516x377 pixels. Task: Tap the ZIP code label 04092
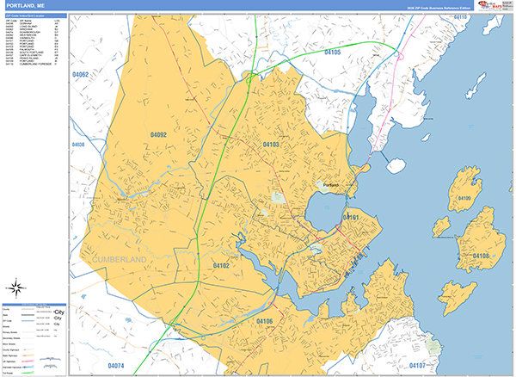157,135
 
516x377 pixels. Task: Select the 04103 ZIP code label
271,145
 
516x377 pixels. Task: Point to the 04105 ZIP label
332,53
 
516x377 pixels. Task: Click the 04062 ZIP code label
81,75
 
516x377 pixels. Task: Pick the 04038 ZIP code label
78,145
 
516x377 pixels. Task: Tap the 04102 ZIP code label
221,266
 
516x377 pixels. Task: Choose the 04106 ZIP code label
265,321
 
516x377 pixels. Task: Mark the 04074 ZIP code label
116,366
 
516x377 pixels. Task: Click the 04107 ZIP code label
418,366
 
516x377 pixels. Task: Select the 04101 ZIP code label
351,218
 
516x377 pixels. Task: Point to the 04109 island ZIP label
464,199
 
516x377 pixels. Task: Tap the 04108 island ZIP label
480,256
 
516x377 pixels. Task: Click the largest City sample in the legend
58,312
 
